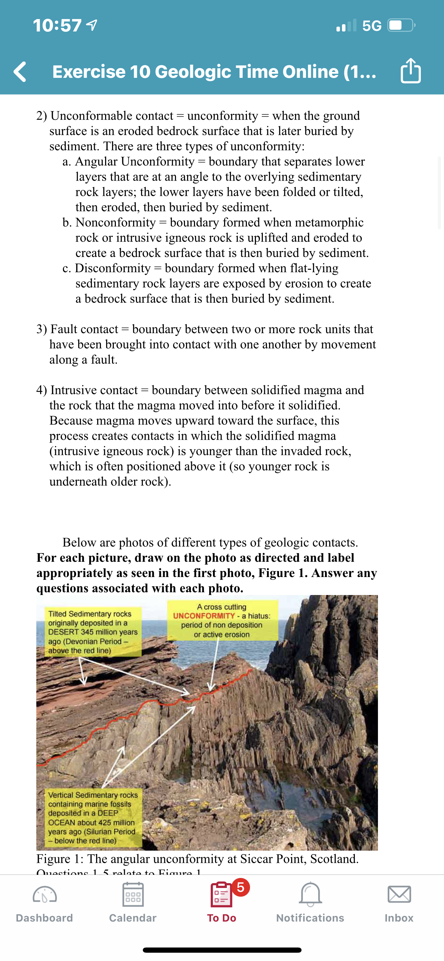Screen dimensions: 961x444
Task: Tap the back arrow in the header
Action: tap(20, 71)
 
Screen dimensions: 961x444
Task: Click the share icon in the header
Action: tap(410, 71)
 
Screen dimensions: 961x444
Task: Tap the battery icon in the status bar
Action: tap(401, 25)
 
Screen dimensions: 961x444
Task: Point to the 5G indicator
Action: tap(372, 26)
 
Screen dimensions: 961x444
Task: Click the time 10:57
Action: tap(57, 25)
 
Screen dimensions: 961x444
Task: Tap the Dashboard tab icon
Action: tap(44, 894)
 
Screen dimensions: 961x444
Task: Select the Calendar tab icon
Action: tap(133, 894)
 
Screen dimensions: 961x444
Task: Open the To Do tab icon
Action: tap(221, 894)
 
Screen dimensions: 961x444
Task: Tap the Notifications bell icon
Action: tap(310, 894)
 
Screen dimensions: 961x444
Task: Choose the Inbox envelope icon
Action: tap(399, 894)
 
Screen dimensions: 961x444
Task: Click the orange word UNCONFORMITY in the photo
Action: tap(204, 616)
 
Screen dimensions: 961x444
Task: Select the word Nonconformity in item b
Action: tap(115, 222)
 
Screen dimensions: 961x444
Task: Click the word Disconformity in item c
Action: tap(113, 268)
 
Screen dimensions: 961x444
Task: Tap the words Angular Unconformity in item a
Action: tap(135, 162)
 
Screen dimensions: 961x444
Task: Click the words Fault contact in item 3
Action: tap(84, 329)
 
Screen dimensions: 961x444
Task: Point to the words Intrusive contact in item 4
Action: tap(94, 390)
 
